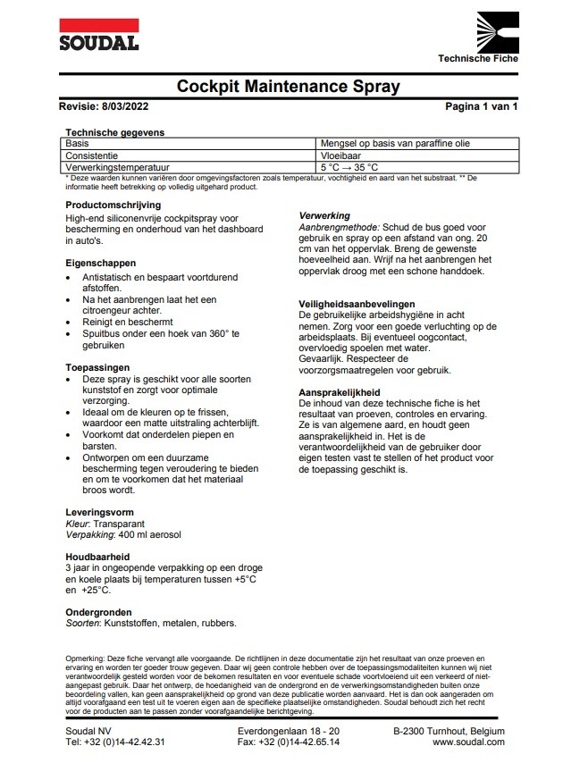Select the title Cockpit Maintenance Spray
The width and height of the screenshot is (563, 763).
pyautogui.click(x=288, y=87)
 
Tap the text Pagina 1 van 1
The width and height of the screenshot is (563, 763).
pyautogui.click(x=481, y=106)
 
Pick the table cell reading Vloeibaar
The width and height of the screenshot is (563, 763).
pyautogui.click(x=341, y=155)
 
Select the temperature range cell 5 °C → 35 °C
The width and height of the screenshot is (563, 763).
pyautogui.click(x=349, y=167)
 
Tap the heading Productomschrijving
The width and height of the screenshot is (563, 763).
pyautogui.click(x=113, y=205)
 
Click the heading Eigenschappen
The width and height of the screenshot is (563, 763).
pyautogui.click(x=101, y=264)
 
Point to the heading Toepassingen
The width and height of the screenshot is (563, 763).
pyautogui.click(x=98, y=367)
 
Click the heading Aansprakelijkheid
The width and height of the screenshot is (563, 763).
pyautogui.click(x=342, y=392)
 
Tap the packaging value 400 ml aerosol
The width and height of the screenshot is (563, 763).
pyautogui.click(x=148, y=534)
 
